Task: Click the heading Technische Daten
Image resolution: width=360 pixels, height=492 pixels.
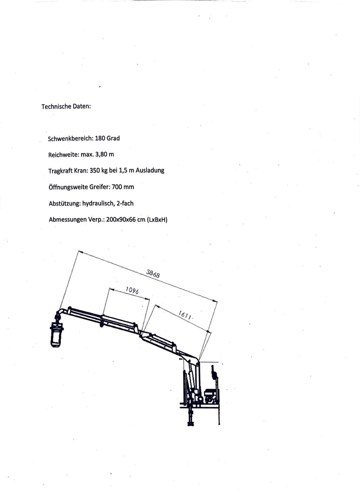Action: click(x=66, y=106)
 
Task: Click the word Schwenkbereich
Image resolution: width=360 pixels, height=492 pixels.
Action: click(x=71, y=139)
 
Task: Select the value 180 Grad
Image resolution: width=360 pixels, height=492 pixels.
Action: click(x=107, y=138)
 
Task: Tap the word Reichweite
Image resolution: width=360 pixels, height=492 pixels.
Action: click(x=63, y=155)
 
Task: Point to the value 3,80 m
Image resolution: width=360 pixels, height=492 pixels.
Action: click(x=105, y=154)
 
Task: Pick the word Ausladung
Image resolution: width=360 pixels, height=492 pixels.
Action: click(x=150, y=170)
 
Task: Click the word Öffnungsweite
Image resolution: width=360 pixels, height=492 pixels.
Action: click(x=68, y=187)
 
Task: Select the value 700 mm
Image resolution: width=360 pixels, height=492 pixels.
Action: click(x=123, y=187)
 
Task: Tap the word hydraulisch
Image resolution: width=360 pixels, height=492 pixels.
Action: click(x=99, y=204)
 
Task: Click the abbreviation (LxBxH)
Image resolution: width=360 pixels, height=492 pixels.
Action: click(x=157, y=220)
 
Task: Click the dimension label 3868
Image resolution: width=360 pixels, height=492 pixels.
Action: click(x=153, y=274)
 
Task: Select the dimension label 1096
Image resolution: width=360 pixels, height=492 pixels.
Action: click(x=132, y=290)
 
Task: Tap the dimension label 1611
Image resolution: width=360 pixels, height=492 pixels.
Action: click(x=185, y=315)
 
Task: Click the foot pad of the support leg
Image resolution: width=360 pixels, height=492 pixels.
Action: click(x=191, y=424)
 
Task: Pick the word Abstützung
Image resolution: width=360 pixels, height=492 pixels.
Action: click(x=65, y=204)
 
